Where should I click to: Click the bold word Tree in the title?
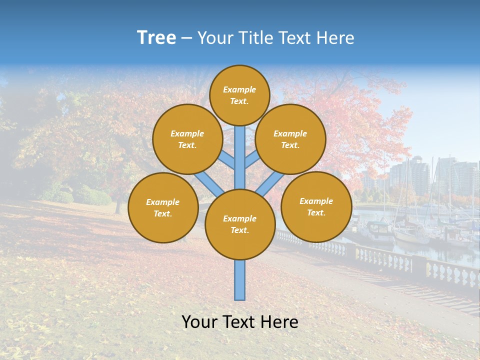tap(156, 38)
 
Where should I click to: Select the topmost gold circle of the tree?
tap(239, 95)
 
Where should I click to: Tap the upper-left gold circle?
tap(187, 139)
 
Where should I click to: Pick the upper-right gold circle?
tap(290, 139)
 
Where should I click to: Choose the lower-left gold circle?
tap(163, 207)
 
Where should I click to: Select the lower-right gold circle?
tap(316, 206)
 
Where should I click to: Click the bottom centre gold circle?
tap(240, 224)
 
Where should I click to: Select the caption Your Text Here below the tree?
tap(240, 322)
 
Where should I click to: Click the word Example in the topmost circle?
tap(239, 89)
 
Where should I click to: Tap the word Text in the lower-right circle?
tap(316, 212)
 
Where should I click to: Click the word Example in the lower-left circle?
tap(162, 202)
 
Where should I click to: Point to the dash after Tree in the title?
tap(186, 38)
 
